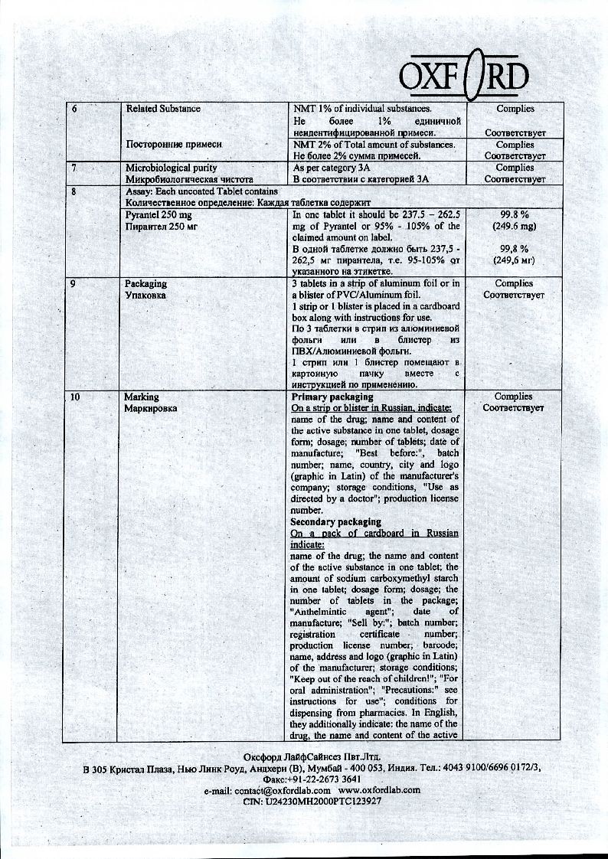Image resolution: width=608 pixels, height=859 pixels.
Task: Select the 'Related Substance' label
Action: click(x=163, y=109)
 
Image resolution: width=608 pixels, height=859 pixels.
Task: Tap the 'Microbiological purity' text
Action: click(x=171, y=168)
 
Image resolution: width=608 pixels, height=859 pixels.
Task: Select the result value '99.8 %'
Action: click(x=515, y=216)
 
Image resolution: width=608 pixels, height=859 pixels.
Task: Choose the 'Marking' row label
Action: click(x=142, y=397)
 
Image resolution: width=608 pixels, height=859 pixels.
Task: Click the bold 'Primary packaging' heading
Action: click(x=332, y=397)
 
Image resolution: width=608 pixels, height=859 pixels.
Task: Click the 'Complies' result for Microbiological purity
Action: click(x=515, y=168)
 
